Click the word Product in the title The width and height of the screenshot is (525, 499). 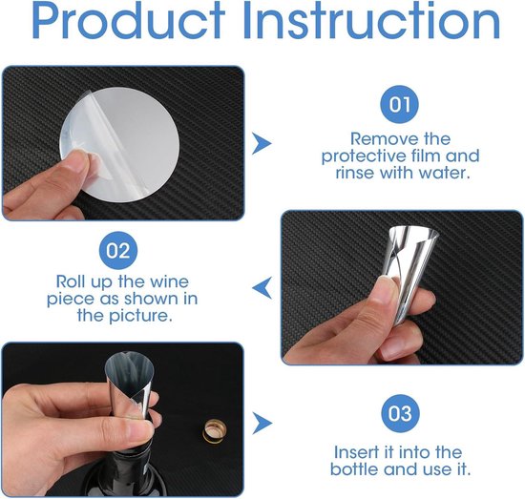click(x=128, y=21)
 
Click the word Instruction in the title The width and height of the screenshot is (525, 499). click(x=371, y=21)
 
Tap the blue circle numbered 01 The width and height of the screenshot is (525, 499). click(x=399, y=104)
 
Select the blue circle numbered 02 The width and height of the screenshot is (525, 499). click(x=118, y=250)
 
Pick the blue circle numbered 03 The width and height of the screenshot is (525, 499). click(x=401, y=413)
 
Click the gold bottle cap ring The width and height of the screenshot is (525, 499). click(x=214, y=431)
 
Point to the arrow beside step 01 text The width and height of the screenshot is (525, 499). click(x=262, y=143)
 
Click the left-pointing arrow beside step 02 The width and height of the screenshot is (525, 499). click(x=262, y=288)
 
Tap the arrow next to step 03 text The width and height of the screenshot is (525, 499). click(x=262, y=424)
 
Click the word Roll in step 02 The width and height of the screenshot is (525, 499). click(x=71, y=281)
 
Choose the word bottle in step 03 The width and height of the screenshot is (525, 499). click(x=355, y=468)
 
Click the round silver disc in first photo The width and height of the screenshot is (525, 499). click(x=119, y=145)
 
